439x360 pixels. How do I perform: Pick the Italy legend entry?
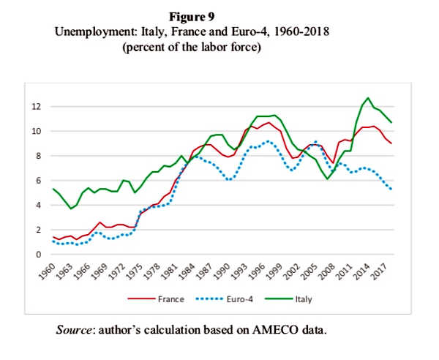(x=296, y=299)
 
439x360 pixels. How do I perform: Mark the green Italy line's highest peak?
(x=368, y=98)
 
